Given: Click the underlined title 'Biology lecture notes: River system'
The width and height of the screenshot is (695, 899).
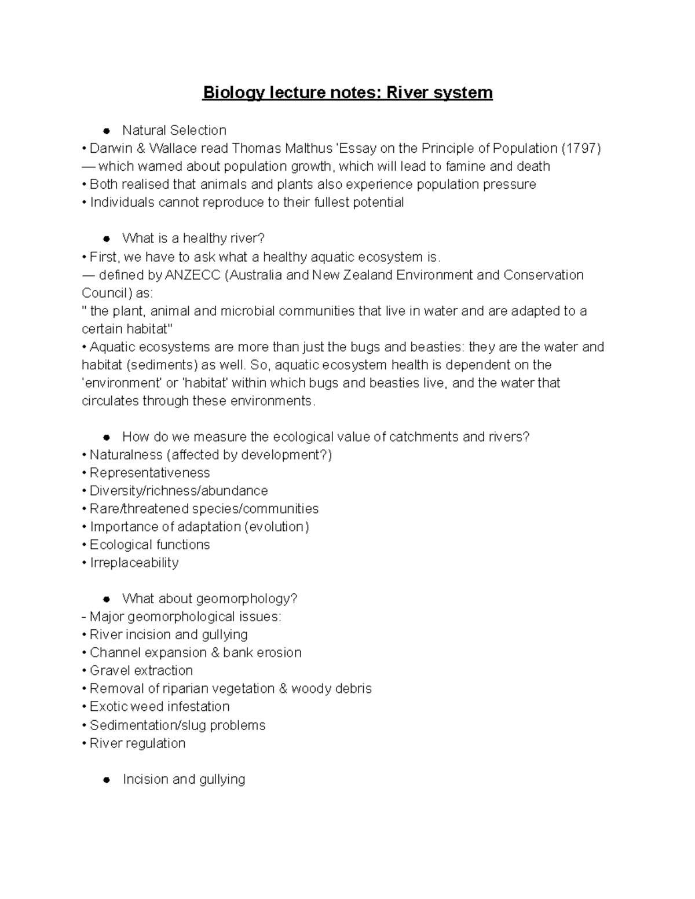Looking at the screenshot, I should click(x=348, y=93).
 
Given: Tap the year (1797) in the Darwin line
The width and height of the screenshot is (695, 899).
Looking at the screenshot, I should click(x=581, y=148).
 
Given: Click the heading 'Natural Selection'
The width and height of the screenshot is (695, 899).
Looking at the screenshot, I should click(x=174, y=130).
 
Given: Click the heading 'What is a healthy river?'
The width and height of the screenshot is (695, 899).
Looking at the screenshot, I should click(x=193, y=238).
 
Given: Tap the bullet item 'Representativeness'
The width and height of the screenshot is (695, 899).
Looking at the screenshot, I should click(x=149, y=472).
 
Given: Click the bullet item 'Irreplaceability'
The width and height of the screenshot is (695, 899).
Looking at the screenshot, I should click(x=134, y=563).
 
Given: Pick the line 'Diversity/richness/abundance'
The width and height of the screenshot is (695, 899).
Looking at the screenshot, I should click(x=178, y=491).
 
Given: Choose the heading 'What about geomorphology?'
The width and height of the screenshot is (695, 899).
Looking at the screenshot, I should click(x=210, y=599).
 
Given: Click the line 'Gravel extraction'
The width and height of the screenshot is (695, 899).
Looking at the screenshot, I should click(x=141, y=670).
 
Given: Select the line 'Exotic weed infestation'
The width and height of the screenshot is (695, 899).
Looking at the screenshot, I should click(x=159, y=707).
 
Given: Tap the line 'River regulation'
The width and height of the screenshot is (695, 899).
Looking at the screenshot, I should click(x=137, y=743).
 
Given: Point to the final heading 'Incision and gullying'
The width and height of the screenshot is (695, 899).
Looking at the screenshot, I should click(x=184, y=779).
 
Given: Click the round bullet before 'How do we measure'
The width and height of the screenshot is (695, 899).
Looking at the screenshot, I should click(x=107, y=437).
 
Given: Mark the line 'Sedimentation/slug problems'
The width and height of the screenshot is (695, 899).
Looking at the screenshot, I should click(x=177, y=725).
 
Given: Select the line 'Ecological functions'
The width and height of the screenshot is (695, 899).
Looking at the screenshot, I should click(x=149, y=545).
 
